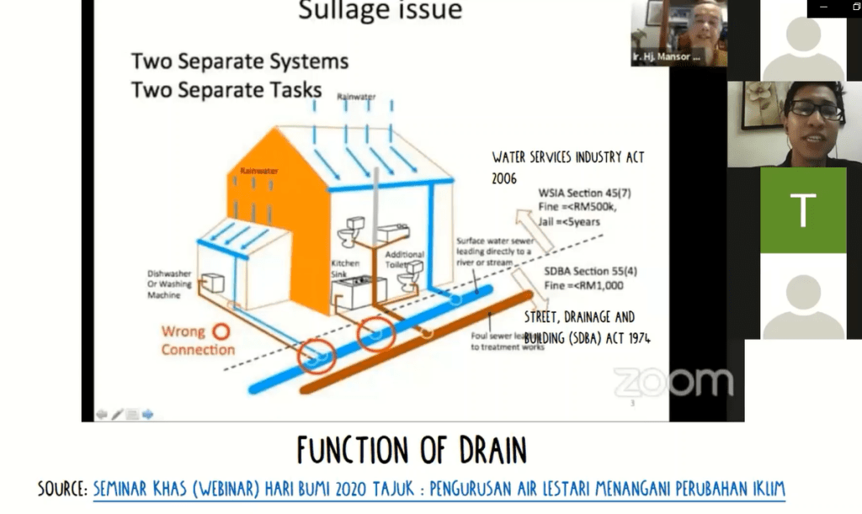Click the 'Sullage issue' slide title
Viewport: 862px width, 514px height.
click(380, 11)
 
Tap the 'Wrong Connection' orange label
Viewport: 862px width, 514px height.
click(197, 341)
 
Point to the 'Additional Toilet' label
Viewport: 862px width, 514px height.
click(405, 259)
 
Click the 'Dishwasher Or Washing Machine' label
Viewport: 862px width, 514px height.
click(170, 284)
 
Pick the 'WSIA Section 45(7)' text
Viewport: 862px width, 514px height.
click(585, 193)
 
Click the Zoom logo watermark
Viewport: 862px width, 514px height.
click(672, 382)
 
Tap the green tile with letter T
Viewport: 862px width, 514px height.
click(802, 210)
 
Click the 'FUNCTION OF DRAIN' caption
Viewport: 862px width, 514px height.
click(412, 451)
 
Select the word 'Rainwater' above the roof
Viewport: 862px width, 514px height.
click(356, 98)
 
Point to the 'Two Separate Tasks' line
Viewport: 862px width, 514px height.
click(226, 88)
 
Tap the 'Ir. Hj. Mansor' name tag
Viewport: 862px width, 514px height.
click(666, 58)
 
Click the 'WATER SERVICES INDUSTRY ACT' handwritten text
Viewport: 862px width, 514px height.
click(568, 157)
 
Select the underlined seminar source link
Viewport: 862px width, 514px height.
click(438, 488)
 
